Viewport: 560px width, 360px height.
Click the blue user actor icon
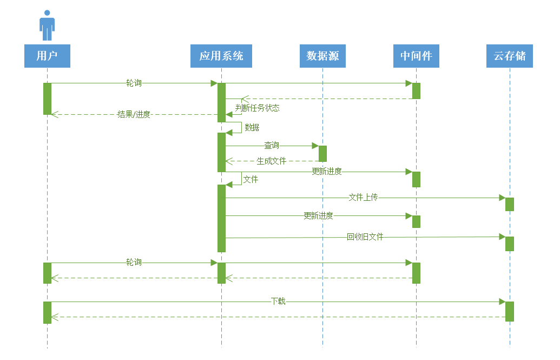pos(47,25)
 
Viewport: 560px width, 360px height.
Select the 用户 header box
pos(47,56)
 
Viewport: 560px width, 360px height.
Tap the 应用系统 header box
pos(221,56)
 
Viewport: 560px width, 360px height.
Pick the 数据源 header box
pos(322,56)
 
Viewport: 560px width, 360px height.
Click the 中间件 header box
pos(416,56)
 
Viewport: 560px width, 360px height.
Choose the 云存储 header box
pos(509,56)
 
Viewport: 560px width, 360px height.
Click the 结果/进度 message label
pos(134,114)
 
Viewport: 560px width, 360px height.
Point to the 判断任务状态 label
pos(258,108)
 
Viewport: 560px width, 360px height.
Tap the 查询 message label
pos(272,146)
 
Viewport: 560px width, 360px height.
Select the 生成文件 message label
pos(272,161)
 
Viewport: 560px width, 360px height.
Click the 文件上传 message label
pos(363,198)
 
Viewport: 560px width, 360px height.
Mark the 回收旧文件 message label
pos(365,237)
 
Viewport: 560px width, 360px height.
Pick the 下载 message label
pos(278,301)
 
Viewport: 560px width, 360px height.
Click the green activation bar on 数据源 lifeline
pos(322,154)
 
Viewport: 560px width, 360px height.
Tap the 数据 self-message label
pos(252,128)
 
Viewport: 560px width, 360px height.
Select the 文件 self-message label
pos(251,179)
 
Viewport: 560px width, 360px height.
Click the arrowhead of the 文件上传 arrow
pos(502,198)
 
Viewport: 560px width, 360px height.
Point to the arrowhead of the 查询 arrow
pos(315,146)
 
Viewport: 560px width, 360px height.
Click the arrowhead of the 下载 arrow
pos(502,302)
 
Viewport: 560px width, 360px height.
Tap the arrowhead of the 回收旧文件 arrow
pos(502,237)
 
